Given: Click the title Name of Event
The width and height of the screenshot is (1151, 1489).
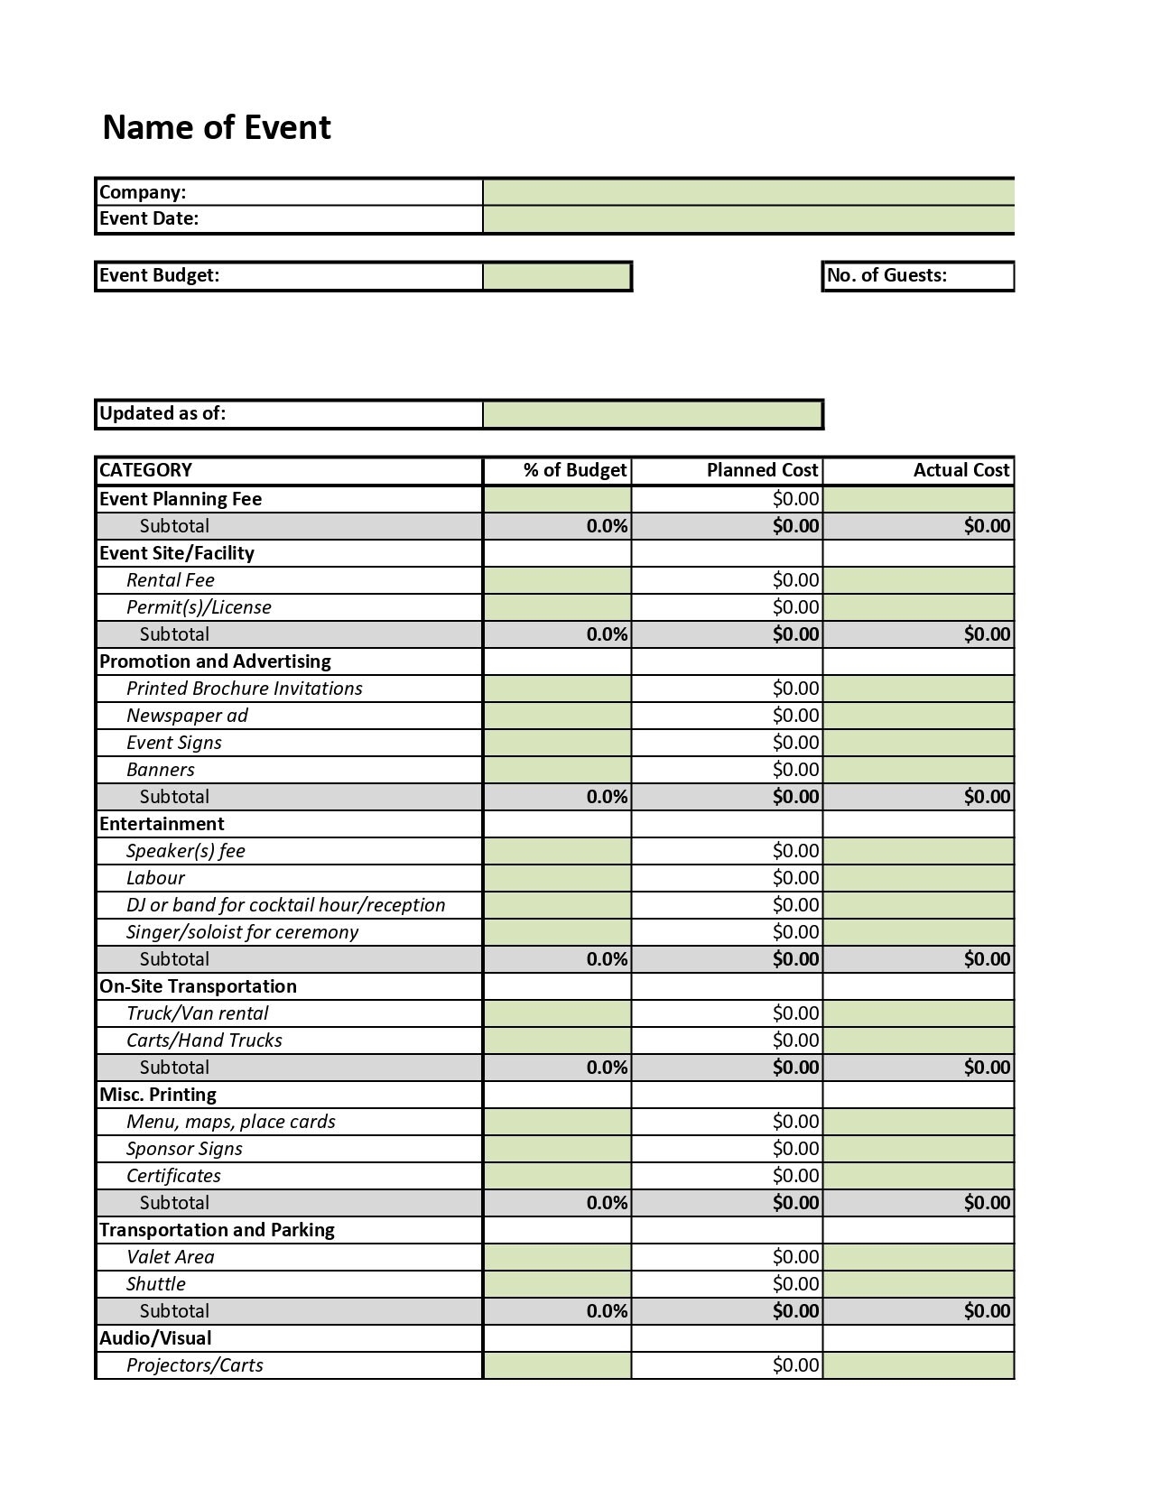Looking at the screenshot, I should click(217, 127).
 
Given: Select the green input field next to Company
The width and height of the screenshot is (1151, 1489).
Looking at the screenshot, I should click(748, 192).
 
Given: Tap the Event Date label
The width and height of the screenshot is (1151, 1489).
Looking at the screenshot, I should click(149, 218).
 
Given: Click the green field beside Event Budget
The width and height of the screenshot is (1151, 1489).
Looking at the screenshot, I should click(557, 276).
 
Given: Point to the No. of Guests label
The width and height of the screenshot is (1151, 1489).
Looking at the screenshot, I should click(886, 276).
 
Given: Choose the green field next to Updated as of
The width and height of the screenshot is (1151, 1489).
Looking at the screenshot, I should click(653, 414).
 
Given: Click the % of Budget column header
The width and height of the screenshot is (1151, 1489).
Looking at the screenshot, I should click(574, 470).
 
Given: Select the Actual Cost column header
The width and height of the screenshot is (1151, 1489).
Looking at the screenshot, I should click(961, 470).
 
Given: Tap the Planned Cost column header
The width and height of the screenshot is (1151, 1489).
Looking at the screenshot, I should click(762, 470).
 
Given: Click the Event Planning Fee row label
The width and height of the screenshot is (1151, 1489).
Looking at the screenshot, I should click(181, 499).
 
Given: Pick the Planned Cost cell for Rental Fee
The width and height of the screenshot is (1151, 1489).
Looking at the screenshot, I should click(728, 580).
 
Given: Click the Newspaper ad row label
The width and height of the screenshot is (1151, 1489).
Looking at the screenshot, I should click(187, 716).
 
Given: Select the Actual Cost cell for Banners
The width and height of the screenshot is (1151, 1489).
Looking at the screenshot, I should click(918, 770).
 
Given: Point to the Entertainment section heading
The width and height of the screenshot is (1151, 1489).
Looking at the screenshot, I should click(162, 824).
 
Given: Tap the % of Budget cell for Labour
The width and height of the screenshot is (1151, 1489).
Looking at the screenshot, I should click(557, 878).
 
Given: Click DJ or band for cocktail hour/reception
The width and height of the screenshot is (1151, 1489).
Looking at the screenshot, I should click(285, 905).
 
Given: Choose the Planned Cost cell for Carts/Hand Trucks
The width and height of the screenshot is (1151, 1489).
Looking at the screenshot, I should click(728, 1040).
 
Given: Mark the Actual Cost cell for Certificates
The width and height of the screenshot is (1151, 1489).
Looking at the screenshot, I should click(918, 1176).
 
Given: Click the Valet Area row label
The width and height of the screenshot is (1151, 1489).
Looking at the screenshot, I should click(171, 1257).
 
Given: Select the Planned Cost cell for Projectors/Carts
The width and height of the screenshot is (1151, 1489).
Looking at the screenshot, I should click(728, 1365).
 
